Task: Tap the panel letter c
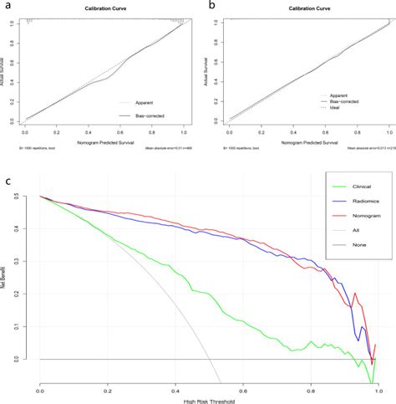click(9, 181)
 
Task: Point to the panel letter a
click(8, 5)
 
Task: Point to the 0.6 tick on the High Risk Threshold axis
click(242, 389)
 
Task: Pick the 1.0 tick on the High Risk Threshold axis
click(377, 389)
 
